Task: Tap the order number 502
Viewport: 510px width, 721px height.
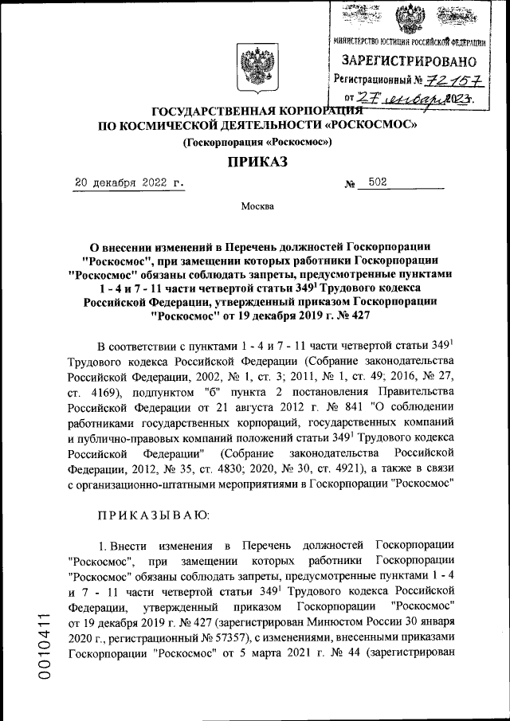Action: (x=378, y=182)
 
